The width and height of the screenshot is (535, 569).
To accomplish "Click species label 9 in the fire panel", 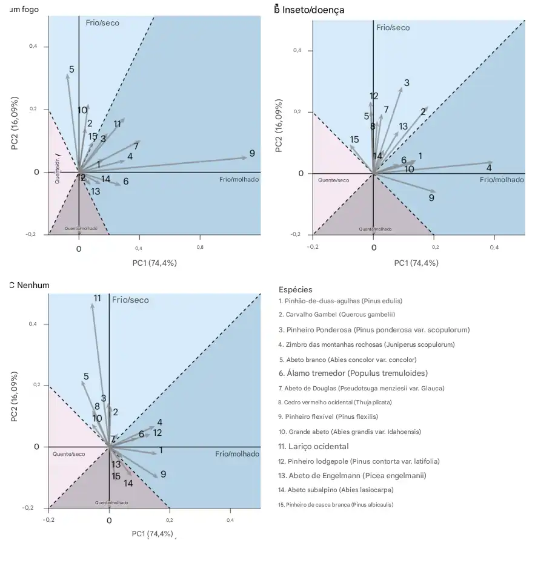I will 252,154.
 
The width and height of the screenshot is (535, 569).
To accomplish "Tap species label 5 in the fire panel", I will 71,70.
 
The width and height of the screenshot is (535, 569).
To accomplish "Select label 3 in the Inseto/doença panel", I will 407,83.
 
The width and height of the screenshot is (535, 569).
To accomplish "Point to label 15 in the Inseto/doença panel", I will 354,140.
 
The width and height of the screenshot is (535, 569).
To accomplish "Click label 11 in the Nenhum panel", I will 97,298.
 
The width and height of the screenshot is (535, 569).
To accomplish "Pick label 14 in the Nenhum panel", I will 128,483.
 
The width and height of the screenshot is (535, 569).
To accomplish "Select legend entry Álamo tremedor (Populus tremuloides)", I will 353,373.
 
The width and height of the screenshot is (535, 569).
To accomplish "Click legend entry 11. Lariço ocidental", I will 313,446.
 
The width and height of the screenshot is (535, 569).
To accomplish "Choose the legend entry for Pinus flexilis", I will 328,416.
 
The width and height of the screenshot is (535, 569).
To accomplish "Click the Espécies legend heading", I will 296,290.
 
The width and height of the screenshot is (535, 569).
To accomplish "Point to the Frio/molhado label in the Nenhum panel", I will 237,454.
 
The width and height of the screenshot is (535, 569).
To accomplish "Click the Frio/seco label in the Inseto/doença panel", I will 393,28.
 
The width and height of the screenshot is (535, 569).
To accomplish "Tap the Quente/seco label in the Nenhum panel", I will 68,454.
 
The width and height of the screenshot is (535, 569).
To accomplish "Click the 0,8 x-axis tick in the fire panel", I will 200,248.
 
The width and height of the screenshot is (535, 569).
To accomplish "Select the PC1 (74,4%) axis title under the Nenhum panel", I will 152,533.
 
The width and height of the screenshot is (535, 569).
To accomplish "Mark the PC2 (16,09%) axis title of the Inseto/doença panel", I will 279,130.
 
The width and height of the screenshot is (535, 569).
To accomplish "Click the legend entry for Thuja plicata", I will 334,402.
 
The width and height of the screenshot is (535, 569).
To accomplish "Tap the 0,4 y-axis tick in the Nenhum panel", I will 34,324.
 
